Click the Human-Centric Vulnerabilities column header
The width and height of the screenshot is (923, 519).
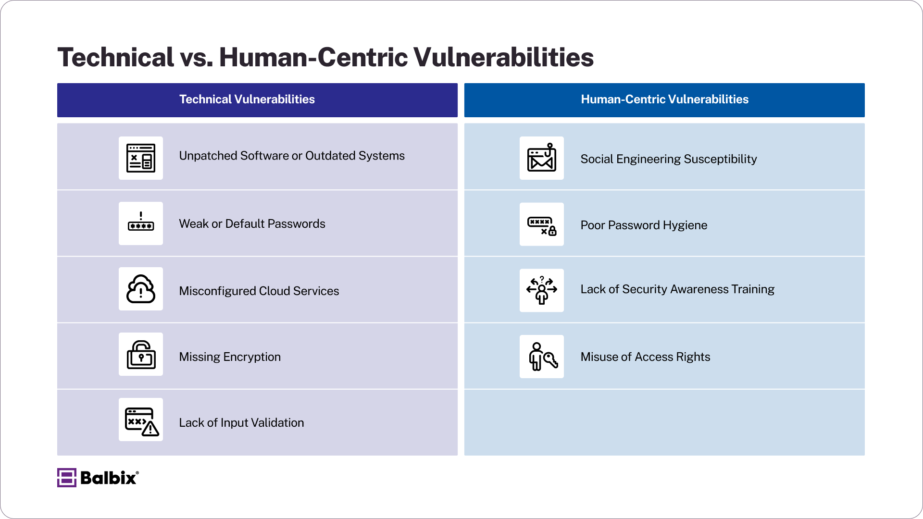coord(664,100)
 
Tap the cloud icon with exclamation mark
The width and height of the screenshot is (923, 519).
coord(141,289)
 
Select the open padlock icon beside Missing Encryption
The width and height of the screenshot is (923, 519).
coord(141,355)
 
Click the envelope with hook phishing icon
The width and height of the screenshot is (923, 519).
coord(542,158)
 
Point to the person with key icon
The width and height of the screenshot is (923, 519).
coord(542,357)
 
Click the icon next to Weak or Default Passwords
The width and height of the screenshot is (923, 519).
coord(141,223)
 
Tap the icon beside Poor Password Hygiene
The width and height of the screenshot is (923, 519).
coord(542,224)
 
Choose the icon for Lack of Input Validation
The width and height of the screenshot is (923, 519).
coord(141,420)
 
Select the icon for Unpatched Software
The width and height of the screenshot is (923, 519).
coord(141,158)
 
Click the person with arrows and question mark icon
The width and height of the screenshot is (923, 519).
coord(542,290)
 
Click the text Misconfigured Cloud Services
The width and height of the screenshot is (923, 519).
coord(259,291)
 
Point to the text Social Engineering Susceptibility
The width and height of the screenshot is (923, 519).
coord(668,159)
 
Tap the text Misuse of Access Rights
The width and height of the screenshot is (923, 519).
coord(645,357)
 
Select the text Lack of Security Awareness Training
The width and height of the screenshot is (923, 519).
coord(677,289)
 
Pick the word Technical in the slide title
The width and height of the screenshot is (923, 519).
coord(115,57)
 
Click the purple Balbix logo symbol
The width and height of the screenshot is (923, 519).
coord(66,478)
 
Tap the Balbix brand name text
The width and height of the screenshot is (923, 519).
coord(109,478)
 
